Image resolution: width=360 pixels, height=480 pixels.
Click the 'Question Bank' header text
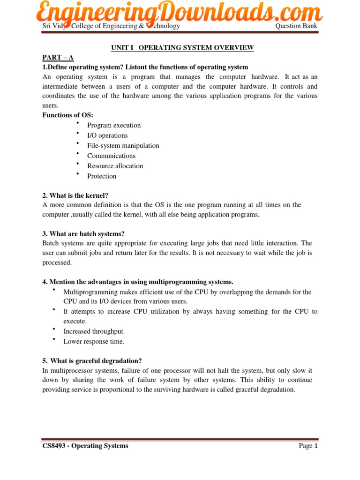click(296, 26)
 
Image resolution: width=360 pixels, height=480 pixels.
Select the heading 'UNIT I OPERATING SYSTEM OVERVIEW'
click(182, 48)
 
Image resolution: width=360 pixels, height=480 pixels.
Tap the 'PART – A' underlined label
click(58, 58)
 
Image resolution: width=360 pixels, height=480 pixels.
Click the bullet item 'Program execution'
click(114, 126)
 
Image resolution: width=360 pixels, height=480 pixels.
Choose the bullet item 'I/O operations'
click(107, 135)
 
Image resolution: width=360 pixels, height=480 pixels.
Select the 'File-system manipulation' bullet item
click(123, 146)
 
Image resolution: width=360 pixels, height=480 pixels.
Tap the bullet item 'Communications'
click(111, 156)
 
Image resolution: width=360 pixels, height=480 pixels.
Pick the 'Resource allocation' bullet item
click(115, 166)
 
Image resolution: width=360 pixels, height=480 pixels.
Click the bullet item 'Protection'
click(102, 176)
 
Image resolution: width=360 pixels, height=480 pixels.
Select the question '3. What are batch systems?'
click(83, 234)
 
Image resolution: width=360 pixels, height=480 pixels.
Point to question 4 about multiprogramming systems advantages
click(138, 282)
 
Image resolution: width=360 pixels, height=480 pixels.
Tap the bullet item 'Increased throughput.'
click(94, 331)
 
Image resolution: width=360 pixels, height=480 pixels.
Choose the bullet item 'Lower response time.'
click(94, 342)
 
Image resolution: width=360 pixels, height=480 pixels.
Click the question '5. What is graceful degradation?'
click(92, 361)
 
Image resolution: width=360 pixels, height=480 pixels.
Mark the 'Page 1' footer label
click(308, 446)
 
